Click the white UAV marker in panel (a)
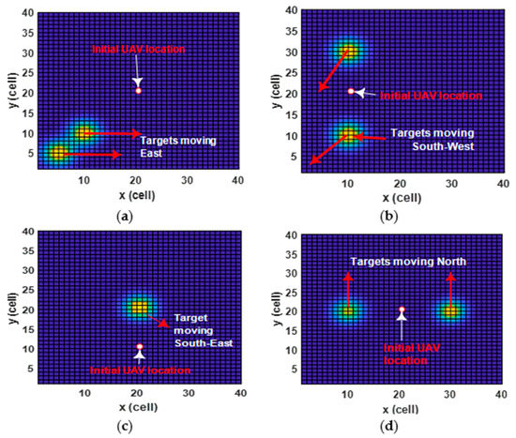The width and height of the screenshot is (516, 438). [139, 90]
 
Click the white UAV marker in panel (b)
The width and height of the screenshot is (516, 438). [352, 91]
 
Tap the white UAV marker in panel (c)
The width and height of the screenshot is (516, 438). [140, 348]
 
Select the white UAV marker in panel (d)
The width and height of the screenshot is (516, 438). [402, 310]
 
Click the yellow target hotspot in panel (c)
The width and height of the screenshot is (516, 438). [140, 307]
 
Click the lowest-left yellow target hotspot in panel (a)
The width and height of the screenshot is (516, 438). [59, 153]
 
